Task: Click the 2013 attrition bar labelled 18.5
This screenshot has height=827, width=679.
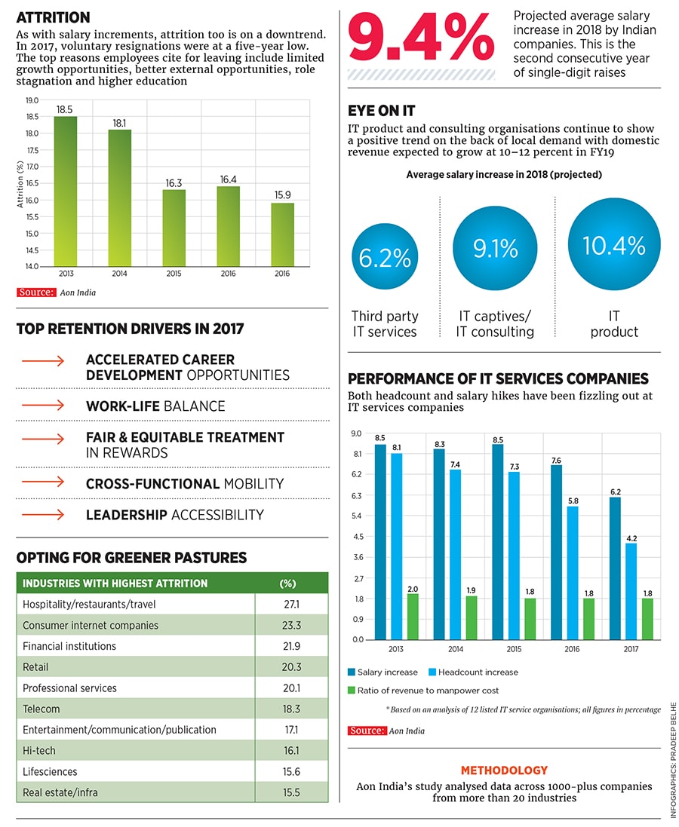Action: click(66, 191)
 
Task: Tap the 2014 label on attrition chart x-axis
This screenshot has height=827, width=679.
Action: click(119, 274)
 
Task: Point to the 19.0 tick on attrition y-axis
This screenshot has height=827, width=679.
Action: click(32, 100)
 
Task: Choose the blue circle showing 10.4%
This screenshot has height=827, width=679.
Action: click(613, 246)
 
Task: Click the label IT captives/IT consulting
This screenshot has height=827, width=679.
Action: click(494, 324)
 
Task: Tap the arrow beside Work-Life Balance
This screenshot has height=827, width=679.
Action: click(43, 406)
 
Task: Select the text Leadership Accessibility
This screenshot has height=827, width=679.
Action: click(174, 515)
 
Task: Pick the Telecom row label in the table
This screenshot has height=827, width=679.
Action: click(41, 709)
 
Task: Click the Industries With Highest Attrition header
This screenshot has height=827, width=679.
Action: click(115, 583)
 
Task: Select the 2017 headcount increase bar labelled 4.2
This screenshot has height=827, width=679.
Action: click(631, 591)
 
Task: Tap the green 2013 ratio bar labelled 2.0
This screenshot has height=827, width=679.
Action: click(413, 616)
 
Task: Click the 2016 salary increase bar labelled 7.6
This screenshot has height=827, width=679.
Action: click(557, 552)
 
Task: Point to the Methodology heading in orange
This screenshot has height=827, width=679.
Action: click(504, 770)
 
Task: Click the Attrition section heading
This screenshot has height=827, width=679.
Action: click(53, 17)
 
